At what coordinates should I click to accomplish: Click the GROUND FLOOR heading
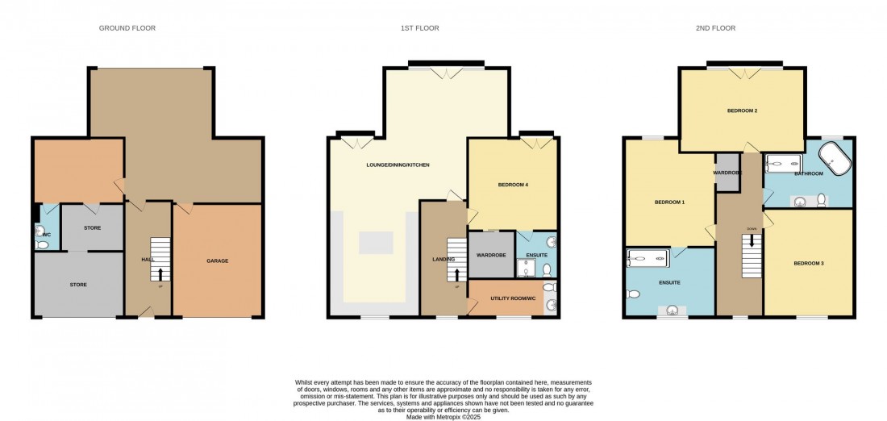tap(127, 28)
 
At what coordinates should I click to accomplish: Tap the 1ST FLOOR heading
tap(420, 28)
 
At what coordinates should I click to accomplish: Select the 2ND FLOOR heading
tap(716, 28)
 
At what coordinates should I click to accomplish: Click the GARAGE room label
tap(217, 261)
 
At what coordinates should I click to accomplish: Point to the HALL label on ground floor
tap(148, 260)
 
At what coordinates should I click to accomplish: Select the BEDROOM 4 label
tap(513, 185)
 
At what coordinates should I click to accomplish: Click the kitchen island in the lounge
tap(377, 243)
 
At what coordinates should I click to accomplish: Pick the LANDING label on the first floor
tap(443, 259)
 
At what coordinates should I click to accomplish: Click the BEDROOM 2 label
tap(742, 110)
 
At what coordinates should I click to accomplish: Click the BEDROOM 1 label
tap(668, 202)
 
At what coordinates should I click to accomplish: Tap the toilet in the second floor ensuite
tap(634, 294)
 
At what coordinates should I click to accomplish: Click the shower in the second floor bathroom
tap(783, 162)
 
